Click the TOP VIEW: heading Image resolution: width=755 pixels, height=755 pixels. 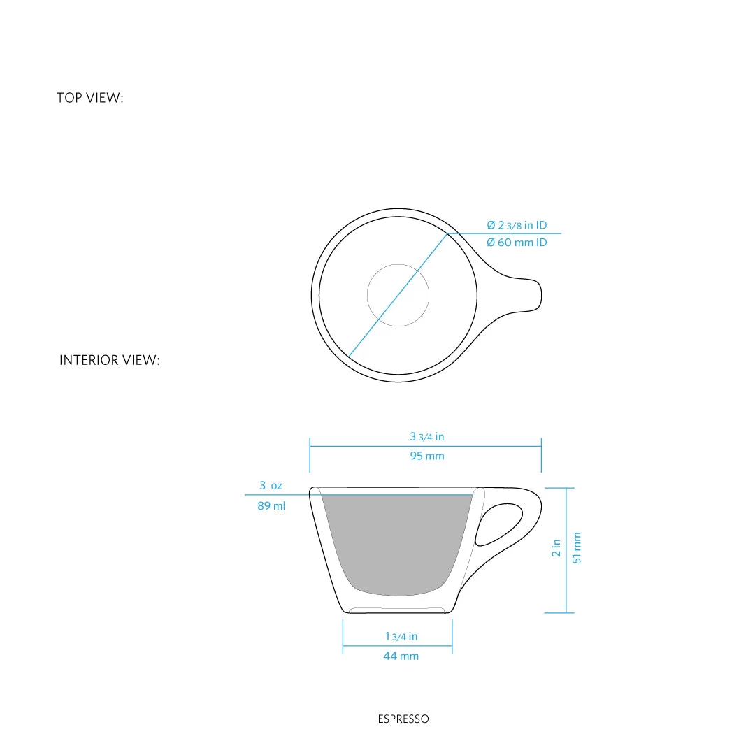(x=89, y=98)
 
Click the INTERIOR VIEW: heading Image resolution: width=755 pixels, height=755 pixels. (x=110, y=361)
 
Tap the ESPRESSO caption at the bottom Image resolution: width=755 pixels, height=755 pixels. (x=403, y=719)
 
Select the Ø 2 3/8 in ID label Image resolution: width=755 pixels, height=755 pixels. (x=517, y=225)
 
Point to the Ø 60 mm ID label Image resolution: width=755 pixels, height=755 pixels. (x=517, y=243)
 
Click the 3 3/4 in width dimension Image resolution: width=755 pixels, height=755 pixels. (x=426, y=437)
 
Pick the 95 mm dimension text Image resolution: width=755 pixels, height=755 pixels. (x=426, y=456)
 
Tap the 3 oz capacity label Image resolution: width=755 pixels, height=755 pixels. (x=271, y=485)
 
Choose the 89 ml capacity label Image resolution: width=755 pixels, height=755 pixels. (x=271, y=505)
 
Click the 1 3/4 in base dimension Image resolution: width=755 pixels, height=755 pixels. (x=401, y=636)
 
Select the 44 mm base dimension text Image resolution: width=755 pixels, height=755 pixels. (x=401, y=656)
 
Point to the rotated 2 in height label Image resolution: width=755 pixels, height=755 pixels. (x=556, y=547)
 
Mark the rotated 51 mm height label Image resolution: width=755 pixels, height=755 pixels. (x=577, y=547)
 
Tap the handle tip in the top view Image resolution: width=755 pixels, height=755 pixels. (x=536, y=295)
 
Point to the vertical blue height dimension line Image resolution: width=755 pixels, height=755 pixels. (x=566, y=550)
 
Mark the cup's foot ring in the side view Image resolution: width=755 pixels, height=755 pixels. (x=397, y=610)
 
